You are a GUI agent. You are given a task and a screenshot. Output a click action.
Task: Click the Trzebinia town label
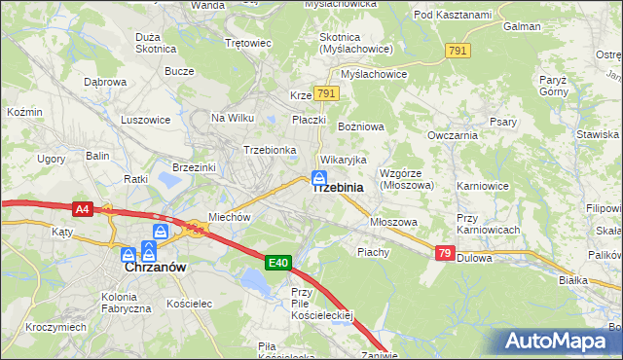[338, 188]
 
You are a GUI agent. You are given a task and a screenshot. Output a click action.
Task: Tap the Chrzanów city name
[155, 266]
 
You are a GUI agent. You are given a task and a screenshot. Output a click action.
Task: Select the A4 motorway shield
[83, 208]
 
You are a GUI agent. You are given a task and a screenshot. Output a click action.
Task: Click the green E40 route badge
[278, 262]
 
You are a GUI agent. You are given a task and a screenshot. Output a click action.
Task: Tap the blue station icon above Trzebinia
[318, 177]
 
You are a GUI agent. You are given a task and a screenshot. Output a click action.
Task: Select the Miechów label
[230, 218]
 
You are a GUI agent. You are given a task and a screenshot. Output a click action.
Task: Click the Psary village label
[503, 123]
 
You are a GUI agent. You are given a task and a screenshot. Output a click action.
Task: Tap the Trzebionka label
[270, 150]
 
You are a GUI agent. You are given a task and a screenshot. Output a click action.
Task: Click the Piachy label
[373, 252]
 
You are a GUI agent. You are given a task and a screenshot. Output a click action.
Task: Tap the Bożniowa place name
[361, 127]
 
